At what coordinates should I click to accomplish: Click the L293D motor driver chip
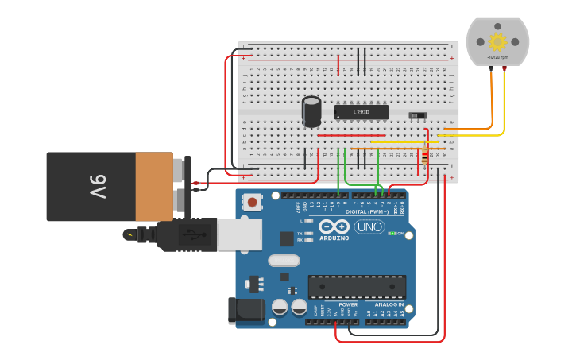pos(361,112)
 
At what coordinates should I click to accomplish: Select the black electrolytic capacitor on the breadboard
pos(311,111)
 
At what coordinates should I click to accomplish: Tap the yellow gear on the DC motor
pos(497,42)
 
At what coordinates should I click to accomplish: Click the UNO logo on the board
pos(369,226)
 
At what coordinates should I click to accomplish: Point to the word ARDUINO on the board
pos(334,238)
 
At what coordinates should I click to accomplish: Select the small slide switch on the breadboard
pos(417,116)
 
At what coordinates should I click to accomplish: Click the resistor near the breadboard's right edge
pos(424,155)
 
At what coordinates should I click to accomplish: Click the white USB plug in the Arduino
pos(239,234)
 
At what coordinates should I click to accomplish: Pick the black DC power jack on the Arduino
pos(245,311)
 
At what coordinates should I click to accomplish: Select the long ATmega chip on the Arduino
pos(357,286)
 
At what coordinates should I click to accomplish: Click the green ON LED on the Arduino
pos(392,234)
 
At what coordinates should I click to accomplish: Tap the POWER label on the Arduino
pos(348,304)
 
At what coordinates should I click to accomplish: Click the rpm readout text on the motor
pos(497,57)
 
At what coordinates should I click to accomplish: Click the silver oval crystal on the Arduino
pos(284,260)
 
